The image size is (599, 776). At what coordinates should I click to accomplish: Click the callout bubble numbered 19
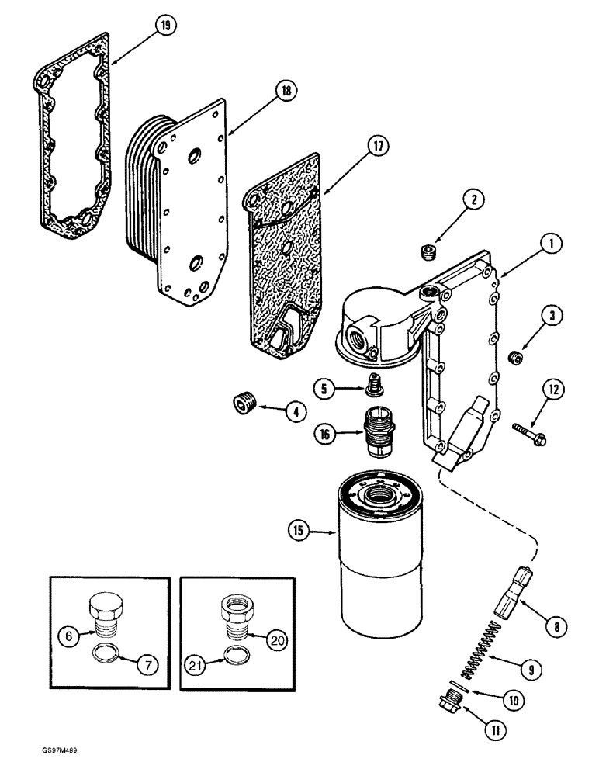point(164,26)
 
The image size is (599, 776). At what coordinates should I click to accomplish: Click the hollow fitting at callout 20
point(237,621)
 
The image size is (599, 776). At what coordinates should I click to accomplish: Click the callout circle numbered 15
point(298,532)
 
